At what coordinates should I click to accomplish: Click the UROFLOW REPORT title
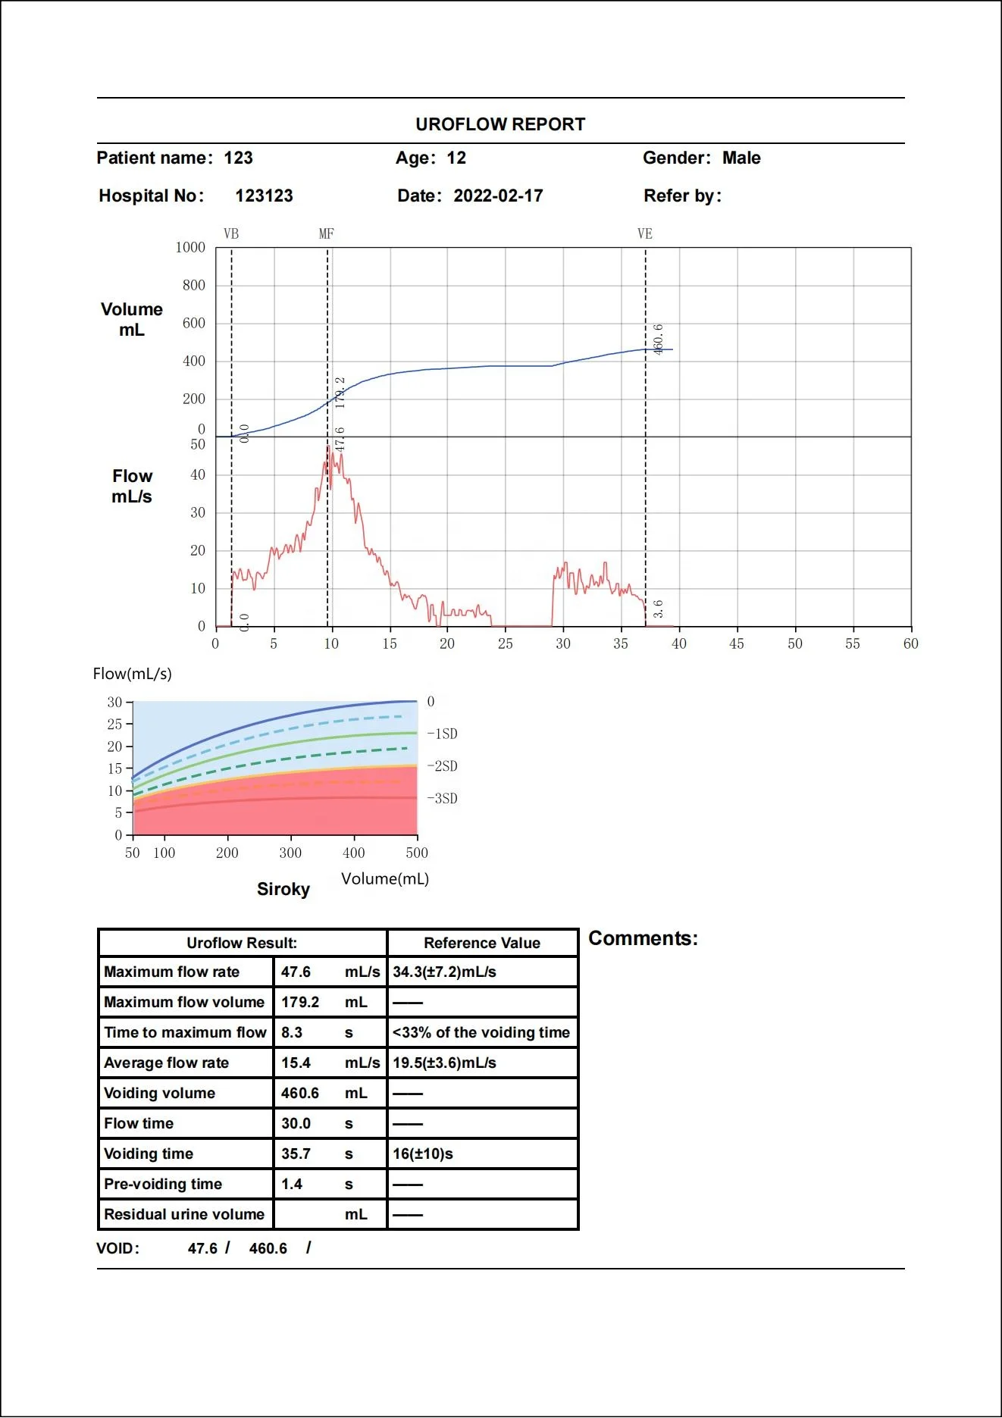(x=500, y=124)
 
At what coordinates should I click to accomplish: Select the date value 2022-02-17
(x=498, y=196)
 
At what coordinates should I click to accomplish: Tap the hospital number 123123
(x=264, y=196)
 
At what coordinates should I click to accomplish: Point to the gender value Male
(x=741, y=158)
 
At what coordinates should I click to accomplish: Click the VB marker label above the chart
(x=231, y=233)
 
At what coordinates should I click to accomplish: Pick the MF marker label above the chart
(x=327, y=233)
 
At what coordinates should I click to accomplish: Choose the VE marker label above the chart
(x=645, y=233)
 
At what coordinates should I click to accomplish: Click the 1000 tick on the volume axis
(x=190, y=247)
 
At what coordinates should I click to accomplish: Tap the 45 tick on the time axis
(x=737, y=643)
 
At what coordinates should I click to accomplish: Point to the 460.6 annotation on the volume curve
(x=658, y=339)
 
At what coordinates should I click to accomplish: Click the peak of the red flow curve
(x=328, y=447)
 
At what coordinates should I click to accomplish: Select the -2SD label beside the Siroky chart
(x=443, y=766)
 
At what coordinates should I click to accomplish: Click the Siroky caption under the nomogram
(x=283, y=889)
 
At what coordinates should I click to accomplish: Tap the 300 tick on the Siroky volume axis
(x=290, y=853)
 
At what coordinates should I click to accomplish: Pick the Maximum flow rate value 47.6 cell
(x=296, y=972)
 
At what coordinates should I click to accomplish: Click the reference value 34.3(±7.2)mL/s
(x=445, y=972)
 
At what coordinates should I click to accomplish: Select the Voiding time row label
(x=149, y=1153)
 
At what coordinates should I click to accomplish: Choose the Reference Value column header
(x=482, y=943)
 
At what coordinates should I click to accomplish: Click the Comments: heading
(x=643, y=938)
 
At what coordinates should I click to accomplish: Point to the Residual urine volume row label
(x=184, y=1214)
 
